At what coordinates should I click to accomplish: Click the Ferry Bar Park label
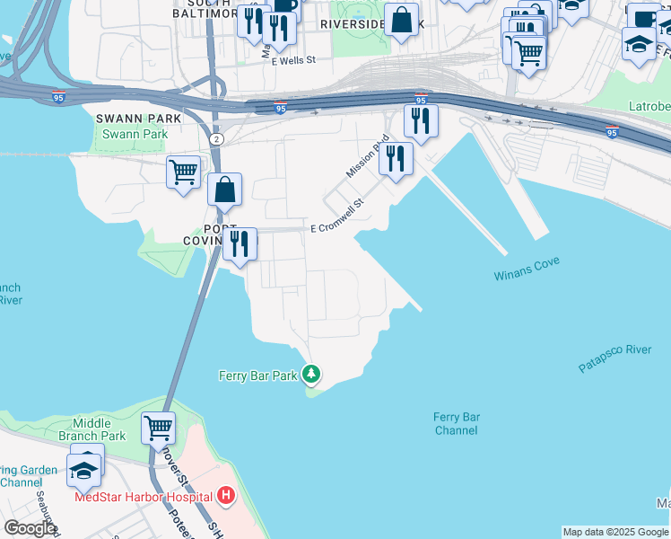(257, 376)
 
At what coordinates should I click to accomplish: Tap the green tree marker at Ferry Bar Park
(311, 373)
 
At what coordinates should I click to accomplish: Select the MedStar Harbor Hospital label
(144, 496)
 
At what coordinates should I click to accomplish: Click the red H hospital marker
(227, 495)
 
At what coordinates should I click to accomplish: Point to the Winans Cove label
(527, 269)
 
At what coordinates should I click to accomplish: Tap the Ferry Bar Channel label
(456, 423)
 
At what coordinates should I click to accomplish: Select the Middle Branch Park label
(99, 429)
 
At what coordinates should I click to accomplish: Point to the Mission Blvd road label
(368, 155)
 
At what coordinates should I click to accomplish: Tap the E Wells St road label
(295, 61)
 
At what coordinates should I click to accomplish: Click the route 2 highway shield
(216, 139)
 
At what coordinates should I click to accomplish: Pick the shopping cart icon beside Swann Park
(184, 170)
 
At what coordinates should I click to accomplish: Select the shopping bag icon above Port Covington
(224, 189)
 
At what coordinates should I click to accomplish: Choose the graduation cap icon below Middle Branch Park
(83, 470)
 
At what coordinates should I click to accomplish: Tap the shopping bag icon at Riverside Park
(402, 19)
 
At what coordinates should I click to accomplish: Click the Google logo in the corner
(30, 527)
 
